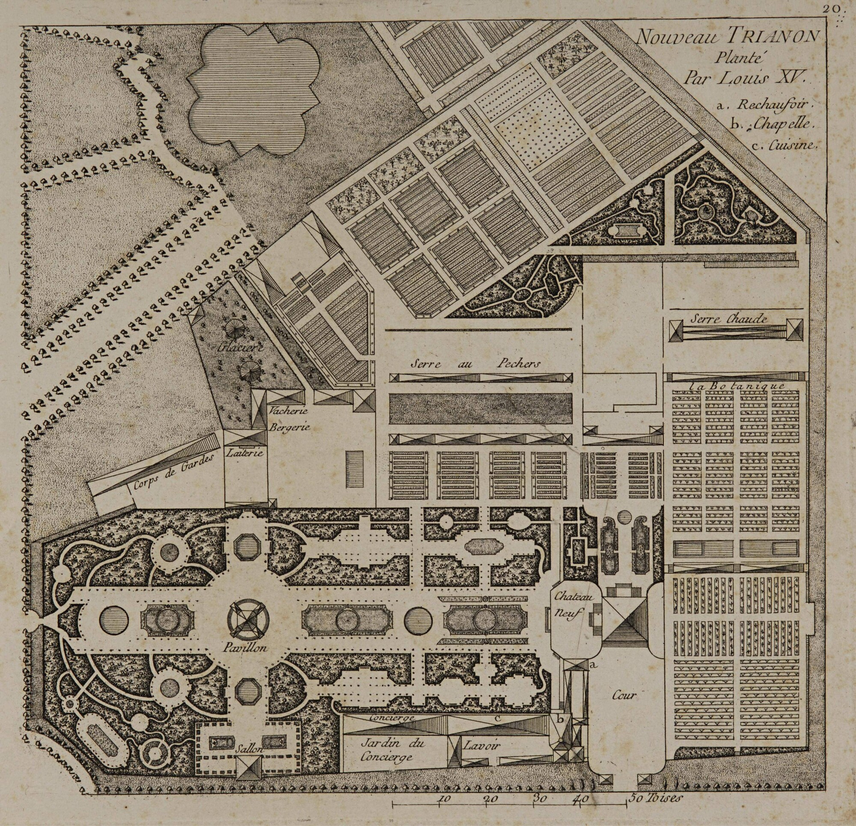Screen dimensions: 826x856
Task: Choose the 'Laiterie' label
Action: coord(244,453)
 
